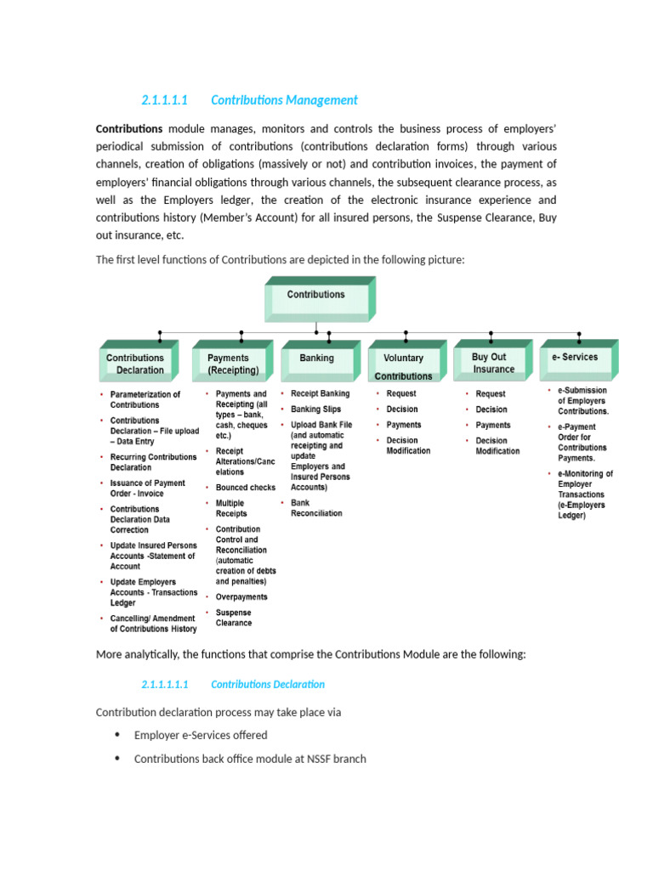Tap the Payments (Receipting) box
[x=229, y=364]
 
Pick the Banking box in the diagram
[x=317, y=359]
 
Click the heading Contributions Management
[x=284, y=100]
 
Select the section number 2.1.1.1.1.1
[x=164, y=684]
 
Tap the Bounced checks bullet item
[x=245, y=488]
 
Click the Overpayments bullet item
[x=241, y=596]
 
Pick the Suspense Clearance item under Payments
[x=234, y=618]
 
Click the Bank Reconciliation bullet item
[x=316, y=508]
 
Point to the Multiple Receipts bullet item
[x=231, y=508]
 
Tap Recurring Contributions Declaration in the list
[x=153, y=462]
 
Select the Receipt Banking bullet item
[x=320, y=393]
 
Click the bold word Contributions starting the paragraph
[x=129, y=128]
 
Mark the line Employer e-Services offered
[x=201, y=735]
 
